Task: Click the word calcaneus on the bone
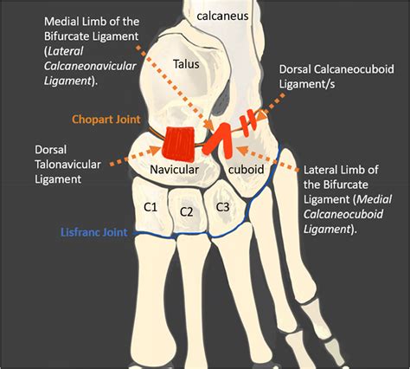pos(222,16)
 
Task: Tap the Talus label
pos(186,64)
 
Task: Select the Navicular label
pos(174,170)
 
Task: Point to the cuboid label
pos(246,169)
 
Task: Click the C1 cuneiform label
pos(151,207)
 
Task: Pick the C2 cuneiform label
pos(186,212)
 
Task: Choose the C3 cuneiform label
pos(222,207)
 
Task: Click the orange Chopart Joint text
pos(106,120)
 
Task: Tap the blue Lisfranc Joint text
pos(94,232)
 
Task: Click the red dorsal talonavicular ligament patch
pos(178,144)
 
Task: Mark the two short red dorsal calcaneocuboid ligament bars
pos(249,122)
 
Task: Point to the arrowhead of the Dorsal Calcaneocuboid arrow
pos(261,115)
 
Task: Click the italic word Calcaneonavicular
pos(90,66)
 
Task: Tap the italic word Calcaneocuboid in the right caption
pos(343,214)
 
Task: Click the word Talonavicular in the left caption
pos(67,165)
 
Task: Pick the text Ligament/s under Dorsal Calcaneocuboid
pos(307,84)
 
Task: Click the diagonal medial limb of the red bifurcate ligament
pos(215,139)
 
